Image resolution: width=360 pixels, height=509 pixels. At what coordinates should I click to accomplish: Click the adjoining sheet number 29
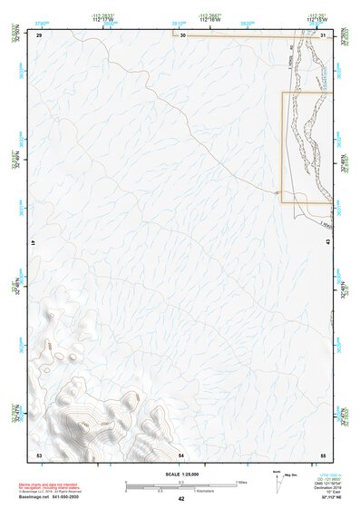tap(39, 35)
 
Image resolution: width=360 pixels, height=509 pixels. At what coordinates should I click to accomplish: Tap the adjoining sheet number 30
tap(182, 35)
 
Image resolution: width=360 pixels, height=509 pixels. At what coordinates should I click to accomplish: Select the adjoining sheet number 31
tap(324, 35)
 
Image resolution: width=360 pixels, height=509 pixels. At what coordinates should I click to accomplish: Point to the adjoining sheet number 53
tap(39, 454)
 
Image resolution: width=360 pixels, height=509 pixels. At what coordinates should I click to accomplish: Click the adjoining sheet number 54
tap(181, 454)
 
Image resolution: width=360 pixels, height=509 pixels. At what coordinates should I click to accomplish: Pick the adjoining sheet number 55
tap(323, 454)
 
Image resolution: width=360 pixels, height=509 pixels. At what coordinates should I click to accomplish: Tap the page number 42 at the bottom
tap(181, 499)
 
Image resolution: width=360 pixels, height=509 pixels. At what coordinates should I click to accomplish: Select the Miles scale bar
tap(181, 482)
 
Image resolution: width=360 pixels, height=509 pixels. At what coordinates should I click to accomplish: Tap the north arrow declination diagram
tap(278, 481)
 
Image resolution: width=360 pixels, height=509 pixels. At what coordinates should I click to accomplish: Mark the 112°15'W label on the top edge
tap(317, 19)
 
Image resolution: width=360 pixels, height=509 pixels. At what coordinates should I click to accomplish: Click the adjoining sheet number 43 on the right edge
tap(327, 240)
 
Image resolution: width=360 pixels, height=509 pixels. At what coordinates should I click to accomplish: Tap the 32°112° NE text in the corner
tap(327, 497)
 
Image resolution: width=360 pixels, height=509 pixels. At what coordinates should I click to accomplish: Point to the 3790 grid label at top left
tap(42, 17)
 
